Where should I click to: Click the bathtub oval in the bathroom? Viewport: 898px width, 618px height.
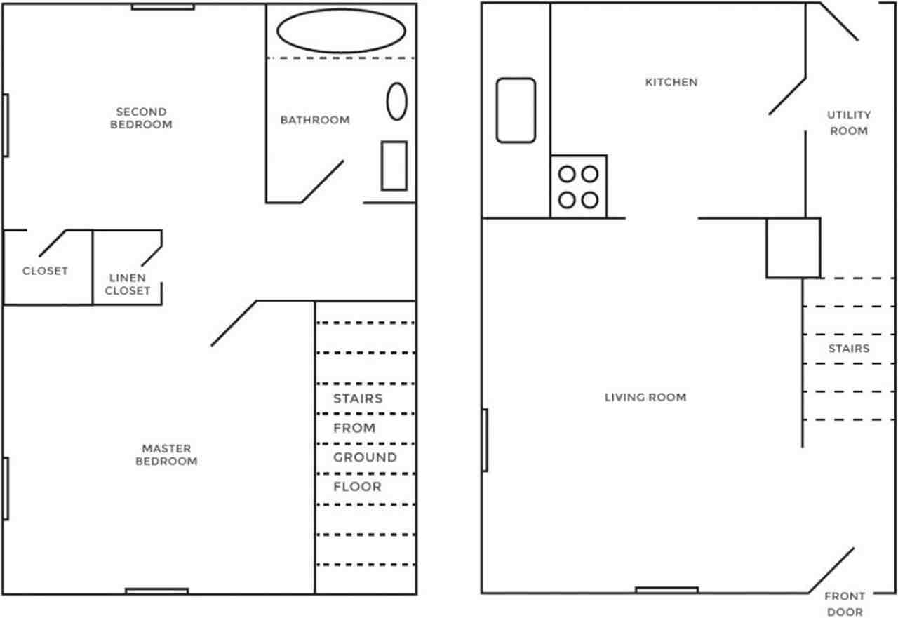(x=341, y=31)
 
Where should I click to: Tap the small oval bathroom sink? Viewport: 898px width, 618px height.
(x=397, y=101)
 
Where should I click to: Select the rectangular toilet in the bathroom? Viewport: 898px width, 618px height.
(x=394, y=166)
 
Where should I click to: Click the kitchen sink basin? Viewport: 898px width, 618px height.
(x=516, y=110)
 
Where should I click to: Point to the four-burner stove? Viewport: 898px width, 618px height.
(x=579, y=187)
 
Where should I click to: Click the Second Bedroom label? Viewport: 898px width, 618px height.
(x=141, y=118)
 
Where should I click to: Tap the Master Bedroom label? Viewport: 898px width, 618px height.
(x=166, y=455)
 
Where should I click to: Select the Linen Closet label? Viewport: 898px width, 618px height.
(x=127, y=284)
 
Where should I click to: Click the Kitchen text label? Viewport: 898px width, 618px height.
(x=671, y=82)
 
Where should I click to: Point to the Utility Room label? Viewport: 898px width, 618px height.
(x=848, y=123)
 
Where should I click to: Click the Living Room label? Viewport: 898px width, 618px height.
(x=645, y=397)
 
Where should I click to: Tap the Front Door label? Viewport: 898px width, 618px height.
(x=845, y=603)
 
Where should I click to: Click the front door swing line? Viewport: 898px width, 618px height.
(x=832, y=570)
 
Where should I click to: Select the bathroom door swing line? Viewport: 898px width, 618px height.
(x=323, y=182)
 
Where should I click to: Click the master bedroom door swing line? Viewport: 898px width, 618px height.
(x=234, y=323)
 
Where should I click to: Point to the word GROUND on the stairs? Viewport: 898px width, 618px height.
(x=365, y=457)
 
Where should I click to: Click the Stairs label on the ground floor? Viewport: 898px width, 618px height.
(x=849, y=349)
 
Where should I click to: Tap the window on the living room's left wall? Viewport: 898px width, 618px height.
(x=485, y=440)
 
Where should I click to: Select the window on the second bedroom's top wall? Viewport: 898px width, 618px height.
(x=163, y=7)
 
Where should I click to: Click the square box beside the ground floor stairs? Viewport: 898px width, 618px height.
(x=793, y=248)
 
